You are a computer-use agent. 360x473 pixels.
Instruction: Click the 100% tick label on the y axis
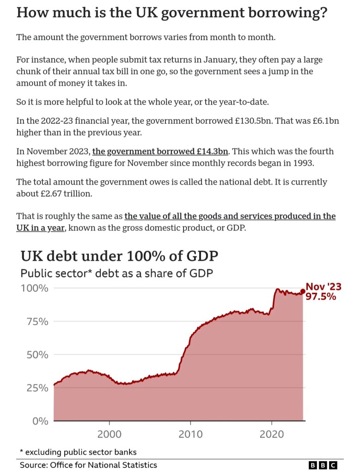(34, 288)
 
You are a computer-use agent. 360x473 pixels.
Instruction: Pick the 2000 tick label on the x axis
(109, 434)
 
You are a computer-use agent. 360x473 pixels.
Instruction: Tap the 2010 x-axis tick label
(190, 434)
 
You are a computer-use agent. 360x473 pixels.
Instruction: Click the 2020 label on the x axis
(272, 434)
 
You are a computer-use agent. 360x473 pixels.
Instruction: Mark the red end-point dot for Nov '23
(303, 291)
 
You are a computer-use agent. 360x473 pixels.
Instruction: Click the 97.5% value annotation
(321, 297)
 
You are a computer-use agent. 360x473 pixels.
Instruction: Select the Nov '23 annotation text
(323, 287)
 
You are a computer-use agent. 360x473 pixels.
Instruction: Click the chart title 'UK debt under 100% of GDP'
(119, 256)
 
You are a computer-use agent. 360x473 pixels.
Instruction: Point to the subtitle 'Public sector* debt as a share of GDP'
(116, 273)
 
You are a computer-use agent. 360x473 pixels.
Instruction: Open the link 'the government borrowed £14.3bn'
(161, 152)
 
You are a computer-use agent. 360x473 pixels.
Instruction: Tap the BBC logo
(323, 465)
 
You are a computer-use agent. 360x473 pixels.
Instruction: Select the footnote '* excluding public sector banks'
(78, 452)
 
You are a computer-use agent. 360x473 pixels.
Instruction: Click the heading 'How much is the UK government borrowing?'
(172, 12)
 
